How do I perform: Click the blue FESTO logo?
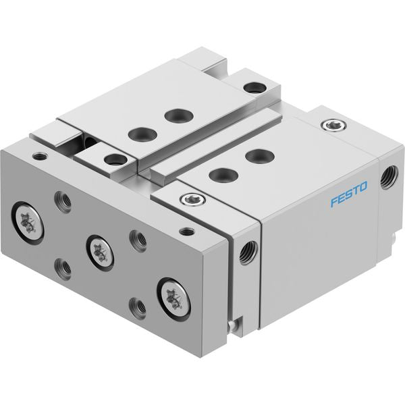[x=349, y=194]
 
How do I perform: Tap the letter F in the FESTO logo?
[x=335, y=201]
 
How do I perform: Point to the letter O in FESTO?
[x=363, y=187]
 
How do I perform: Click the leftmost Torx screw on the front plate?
[x=28, y=223]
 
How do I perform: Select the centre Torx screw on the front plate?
[x=100, y=253]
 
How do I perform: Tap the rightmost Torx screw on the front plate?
[x=174, y=300]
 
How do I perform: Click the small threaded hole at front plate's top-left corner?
[x=40, y=157]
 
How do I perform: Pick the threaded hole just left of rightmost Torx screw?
[x=137, y=307]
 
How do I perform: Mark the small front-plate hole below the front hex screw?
[x=186, y=232]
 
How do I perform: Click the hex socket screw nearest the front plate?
[x=192, y=199]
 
